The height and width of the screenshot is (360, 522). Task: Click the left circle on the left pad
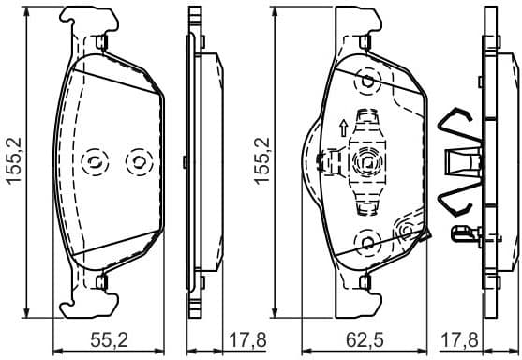(95, 162)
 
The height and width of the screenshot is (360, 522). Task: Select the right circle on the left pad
(138, 162)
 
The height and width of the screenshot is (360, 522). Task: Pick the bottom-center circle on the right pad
(363, 246)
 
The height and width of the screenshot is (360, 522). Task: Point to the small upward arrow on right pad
(344, 126)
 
